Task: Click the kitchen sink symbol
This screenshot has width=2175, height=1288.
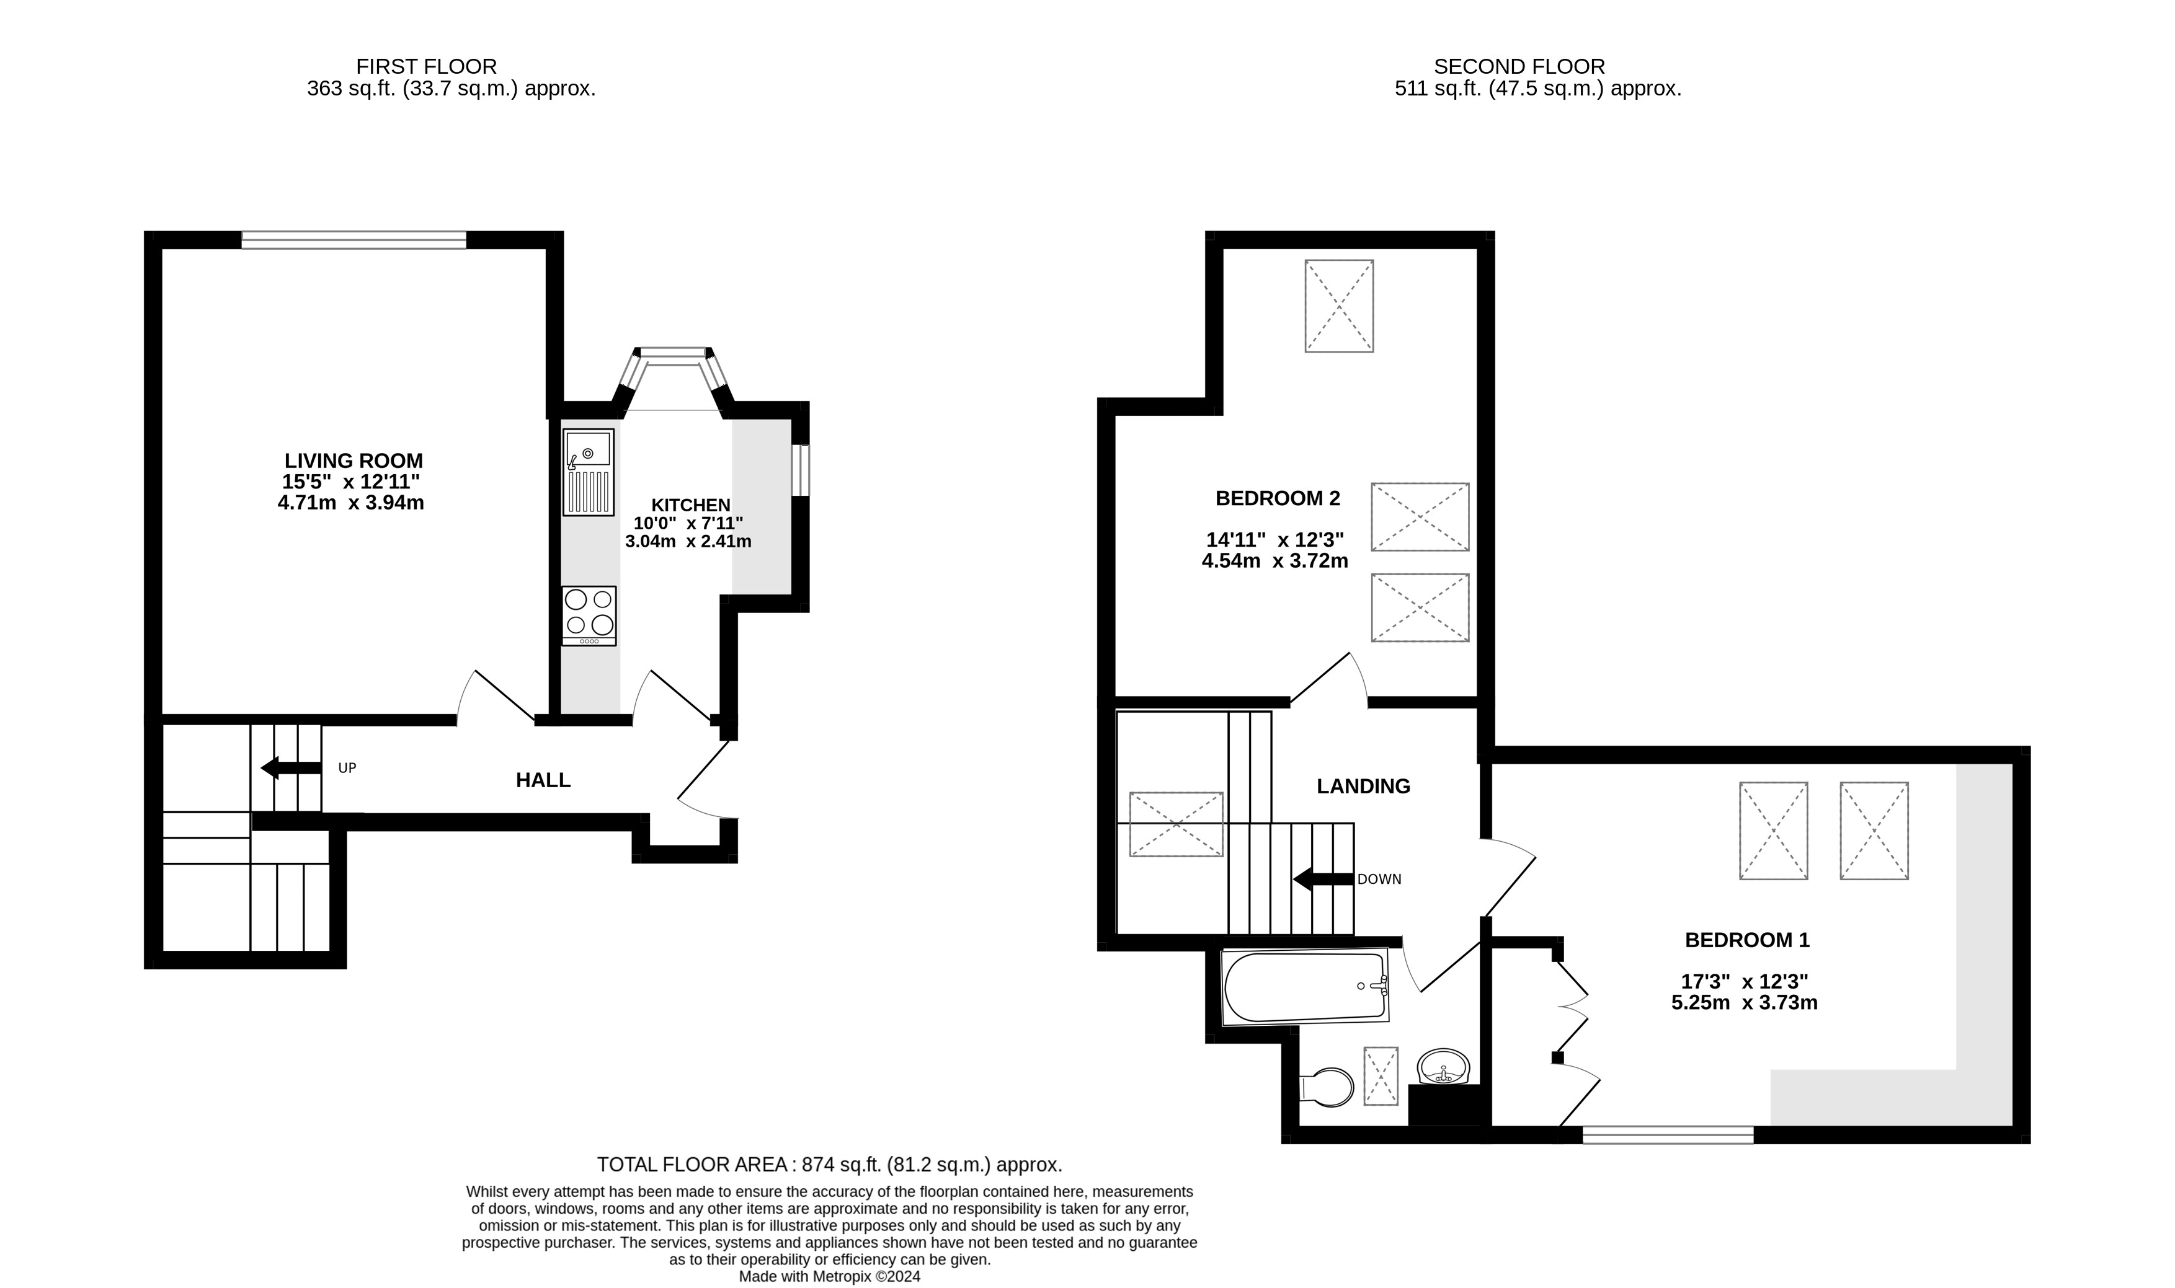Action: pyautogui.click(x=589, y=471)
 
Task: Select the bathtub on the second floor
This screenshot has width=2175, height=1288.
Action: pyautogui.click(x=1305, y=987)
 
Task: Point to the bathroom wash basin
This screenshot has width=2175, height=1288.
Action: pyautogui.click(x=1443, y=1066)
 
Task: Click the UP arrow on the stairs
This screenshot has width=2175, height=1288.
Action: pyautogui.click(x=291, y=768)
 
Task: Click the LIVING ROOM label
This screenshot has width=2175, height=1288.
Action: pyautogui.click(x=354, y=461)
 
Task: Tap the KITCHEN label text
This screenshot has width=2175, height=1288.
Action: pyautogui.click(x=691, y=505)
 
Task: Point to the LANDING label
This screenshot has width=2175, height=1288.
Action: pyautogui.click(x=1363, y=787)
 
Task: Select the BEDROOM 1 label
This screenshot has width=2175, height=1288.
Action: pyautogui.click(x=1747, y=939)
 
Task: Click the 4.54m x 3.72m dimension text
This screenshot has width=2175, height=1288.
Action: pyautogui.click(x=1274, y=562)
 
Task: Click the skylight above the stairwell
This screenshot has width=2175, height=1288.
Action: pyautogui.click(x=1176, y=824)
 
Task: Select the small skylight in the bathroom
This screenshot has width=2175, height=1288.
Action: pyautogui.click(x=1381, y=1076)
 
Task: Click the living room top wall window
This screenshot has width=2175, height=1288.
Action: pyautogui.click(x=354, y=239)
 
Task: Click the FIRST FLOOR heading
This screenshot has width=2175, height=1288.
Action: pyautogui.click(x=426, y=66)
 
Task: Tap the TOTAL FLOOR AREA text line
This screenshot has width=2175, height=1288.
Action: pyautogui.click(x=829, y=1165)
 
